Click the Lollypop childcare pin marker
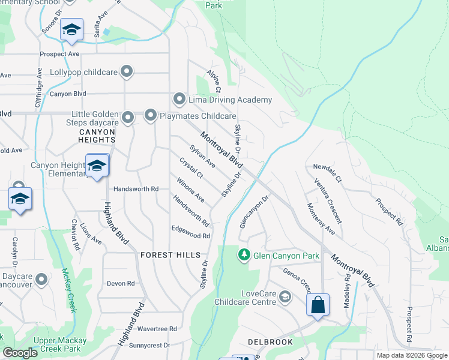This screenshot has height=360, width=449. click(127, 72)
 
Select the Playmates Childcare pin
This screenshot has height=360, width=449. click(150, 115)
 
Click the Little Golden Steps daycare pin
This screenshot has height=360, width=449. click(127, 118)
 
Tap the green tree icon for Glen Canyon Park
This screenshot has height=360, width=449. click(244, 256)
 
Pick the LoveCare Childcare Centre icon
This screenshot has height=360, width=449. click(285, 296)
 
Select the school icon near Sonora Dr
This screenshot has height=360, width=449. click(71, 30)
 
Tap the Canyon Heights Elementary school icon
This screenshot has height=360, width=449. click(96, 166)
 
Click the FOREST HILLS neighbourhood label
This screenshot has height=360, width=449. click(170, 255)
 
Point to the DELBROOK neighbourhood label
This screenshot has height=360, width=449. click(270, 342)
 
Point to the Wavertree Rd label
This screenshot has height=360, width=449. click(157, 329)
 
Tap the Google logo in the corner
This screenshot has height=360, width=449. click(20, 353)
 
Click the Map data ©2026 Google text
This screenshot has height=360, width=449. click(411, 355)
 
